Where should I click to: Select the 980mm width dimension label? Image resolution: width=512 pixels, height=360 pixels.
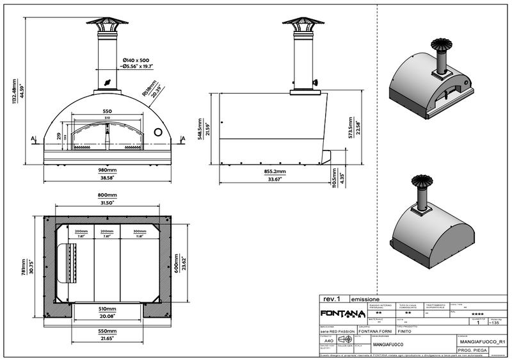coord(108,170)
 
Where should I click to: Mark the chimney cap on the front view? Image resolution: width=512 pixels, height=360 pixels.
coord(107,23)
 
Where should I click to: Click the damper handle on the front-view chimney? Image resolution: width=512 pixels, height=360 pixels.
coord(107,83)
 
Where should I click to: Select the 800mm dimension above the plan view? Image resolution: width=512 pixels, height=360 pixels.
coord(107,195)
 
